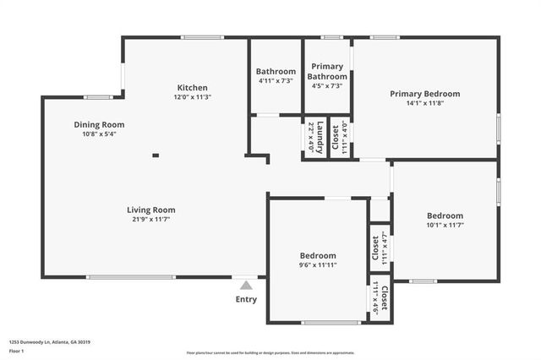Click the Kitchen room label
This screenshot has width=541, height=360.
[192, 88]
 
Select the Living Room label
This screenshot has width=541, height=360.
[151, 210]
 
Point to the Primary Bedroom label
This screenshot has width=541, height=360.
[424, 94]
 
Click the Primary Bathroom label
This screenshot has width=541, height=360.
[327, 71]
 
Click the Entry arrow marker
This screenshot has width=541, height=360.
[245, 286]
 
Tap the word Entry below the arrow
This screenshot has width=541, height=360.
[246, 299]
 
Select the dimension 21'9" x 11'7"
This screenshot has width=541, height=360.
[151, 220]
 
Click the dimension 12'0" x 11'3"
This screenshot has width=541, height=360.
[192, 97]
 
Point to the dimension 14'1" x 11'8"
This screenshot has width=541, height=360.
[424, 103]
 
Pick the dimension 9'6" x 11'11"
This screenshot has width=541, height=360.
[318, 265]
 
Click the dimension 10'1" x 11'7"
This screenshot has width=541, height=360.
[445, 225]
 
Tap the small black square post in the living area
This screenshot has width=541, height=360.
[155, 155]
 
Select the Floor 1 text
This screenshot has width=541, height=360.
[17, 351]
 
